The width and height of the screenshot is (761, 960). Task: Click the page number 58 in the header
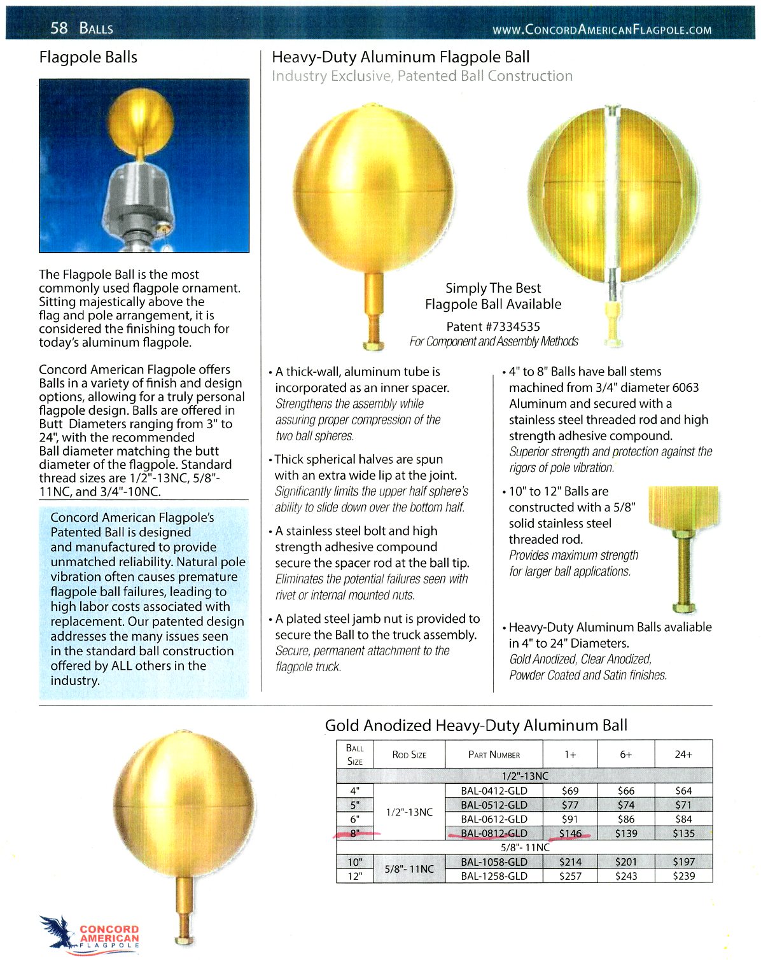click(x=59, y=27)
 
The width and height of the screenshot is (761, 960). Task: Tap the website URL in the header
click(x=602, y=29)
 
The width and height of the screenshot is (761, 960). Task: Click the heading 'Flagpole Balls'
click(x=88, y=57)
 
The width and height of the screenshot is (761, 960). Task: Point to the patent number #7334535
click(x=493, y=326)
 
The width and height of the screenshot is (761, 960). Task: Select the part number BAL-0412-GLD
click(x=494, y=791)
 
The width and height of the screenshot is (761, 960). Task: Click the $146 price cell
click(x=570, y=833)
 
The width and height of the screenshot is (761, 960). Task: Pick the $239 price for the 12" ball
click(x=683, y=876)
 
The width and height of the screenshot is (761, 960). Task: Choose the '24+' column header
click(x=683, y=754)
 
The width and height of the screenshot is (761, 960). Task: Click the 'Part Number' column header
click(x=494, y=755)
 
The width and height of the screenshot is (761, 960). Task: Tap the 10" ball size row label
click(x=355, y=862)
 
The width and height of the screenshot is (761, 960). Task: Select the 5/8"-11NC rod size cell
click(x=409, y=869)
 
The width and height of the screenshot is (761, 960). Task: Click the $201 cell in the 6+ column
click(x=626, y=862)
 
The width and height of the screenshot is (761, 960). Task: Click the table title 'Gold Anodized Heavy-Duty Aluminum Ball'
click(x=476, y=725)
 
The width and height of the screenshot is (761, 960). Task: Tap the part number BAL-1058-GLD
click(x=494, y=862)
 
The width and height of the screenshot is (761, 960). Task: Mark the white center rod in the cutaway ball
click(x=613, y=191)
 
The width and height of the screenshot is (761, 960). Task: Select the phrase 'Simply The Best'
click(x=493, y=288)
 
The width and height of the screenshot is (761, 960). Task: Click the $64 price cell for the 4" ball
click(x=683, y=791)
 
